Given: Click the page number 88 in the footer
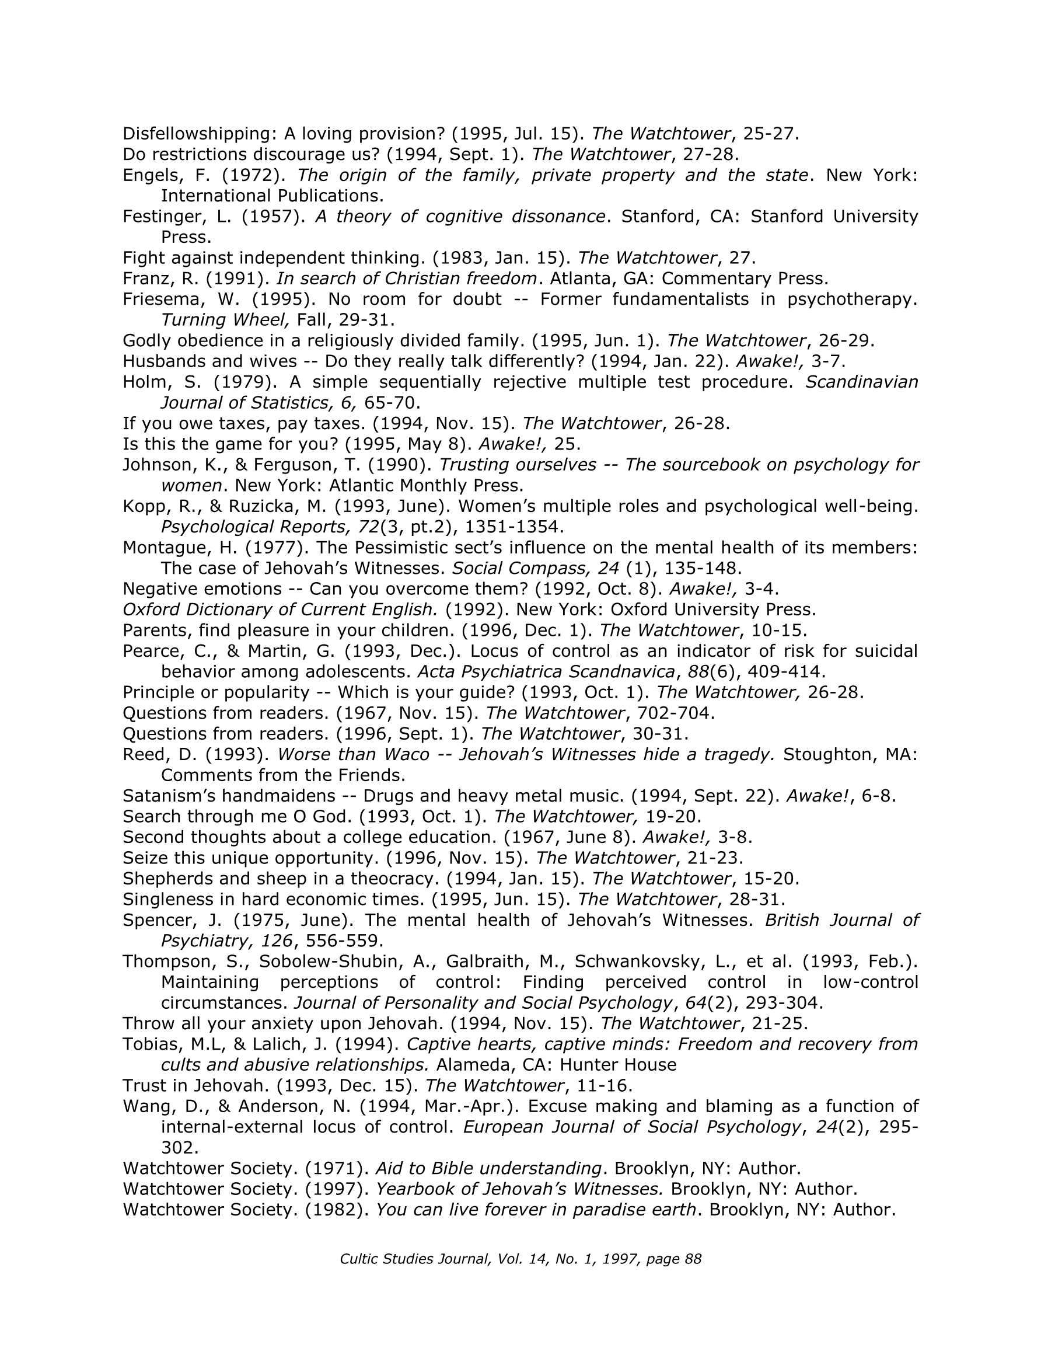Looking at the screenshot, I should point(694,1259).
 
